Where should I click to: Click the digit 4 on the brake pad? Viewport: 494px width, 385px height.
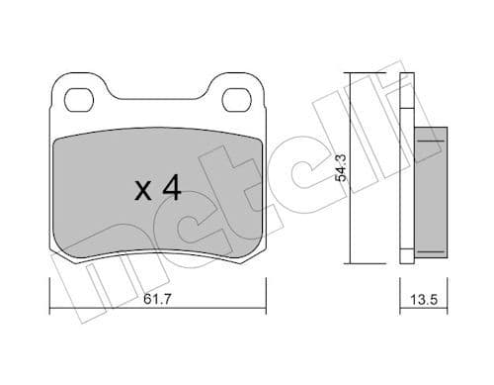[x=170, y=188]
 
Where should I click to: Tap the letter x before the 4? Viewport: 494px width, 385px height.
[x=143, y=191]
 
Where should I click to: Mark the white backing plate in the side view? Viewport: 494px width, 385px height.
[x=404, y=168]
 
